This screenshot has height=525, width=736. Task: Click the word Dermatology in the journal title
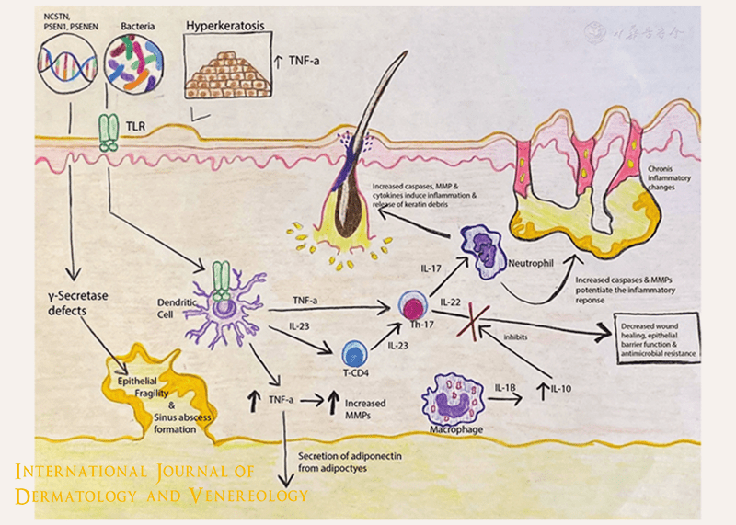pyautogui.click(x=75, y=496)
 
